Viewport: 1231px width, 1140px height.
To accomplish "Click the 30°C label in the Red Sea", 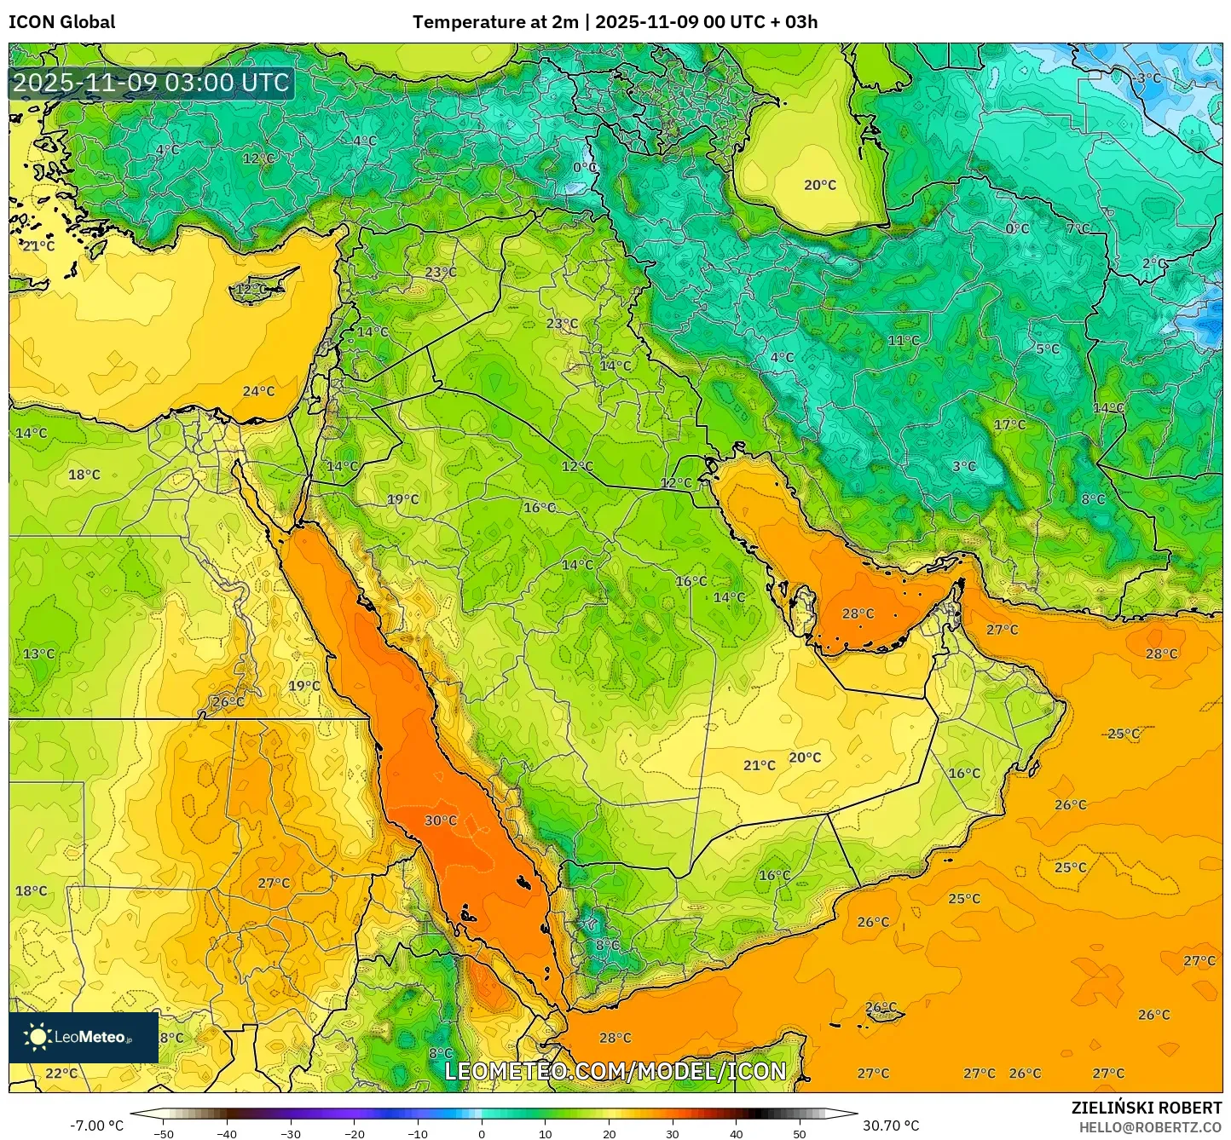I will (441, 820).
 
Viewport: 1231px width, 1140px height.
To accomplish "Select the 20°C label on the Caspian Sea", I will (820, 185).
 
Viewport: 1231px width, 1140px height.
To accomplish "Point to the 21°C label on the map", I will (759, 765).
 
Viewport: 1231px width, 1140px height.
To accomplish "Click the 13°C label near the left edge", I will (38, 654).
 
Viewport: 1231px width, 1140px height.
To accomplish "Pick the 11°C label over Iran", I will (904, 341).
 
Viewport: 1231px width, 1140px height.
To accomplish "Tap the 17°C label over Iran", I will (1009, 425).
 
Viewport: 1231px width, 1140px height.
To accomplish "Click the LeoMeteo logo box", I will (84, 1037).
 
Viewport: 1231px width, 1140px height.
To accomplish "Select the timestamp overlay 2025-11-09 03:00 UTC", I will (151, 83).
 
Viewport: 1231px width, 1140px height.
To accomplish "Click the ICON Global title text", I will (61, 22).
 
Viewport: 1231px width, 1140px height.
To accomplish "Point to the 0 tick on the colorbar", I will (482, 1133).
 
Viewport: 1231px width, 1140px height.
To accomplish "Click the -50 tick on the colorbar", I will (163, 1133).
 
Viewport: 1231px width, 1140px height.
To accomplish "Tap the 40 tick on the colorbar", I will (737, 1133).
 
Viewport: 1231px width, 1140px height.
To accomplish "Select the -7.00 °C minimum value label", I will (96, 1126).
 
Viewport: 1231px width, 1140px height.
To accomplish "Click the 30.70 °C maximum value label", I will (891, 1126).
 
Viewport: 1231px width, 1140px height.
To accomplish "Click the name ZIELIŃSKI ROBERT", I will (1147, 1108).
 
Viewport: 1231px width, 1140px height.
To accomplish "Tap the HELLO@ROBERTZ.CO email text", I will (1150, 1127).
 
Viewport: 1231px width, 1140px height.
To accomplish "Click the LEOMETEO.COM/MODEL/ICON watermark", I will (615, 1071).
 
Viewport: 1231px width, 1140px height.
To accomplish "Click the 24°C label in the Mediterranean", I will (258, 392).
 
